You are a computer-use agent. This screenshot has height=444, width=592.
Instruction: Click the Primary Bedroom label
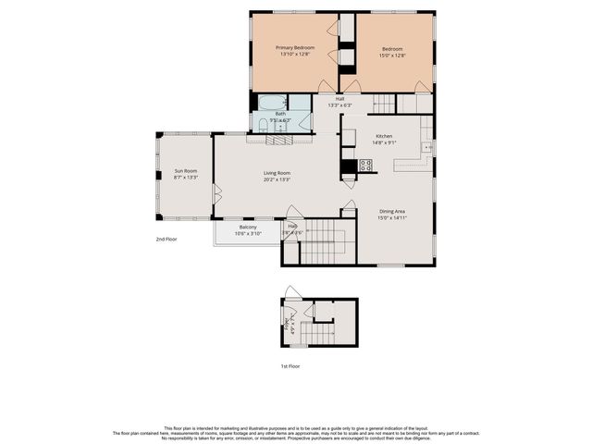297,47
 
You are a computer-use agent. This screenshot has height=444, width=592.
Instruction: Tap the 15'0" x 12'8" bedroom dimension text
393,55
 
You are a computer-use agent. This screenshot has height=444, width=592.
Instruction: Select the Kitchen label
383,136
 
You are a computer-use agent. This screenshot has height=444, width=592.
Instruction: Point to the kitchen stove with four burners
365,166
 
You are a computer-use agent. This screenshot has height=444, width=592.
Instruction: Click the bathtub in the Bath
271,103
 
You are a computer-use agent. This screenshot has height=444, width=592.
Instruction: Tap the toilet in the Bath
263,124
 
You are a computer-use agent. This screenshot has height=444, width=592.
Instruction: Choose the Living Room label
277,173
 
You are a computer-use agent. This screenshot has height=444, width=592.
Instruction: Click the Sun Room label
185,170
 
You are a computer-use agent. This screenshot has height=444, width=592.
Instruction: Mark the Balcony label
248,228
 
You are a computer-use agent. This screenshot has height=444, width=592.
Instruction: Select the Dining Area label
392,212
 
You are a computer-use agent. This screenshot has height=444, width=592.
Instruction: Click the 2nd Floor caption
166,240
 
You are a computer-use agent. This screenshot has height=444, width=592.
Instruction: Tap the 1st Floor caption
290,366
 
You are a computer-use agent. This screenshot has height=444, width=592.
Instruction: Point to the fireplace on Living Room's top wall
278,140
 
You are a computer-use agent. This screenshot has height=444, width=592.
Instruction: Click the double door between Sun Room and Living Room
217,194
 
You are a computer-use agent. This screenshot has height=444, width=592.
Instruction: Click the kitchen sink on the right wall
426,147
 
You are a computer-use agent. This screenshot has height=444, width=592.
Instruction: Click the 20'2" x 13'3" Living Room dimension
277,179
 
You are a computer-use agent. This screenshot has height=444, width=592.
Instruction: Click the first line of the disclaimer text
296,427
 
